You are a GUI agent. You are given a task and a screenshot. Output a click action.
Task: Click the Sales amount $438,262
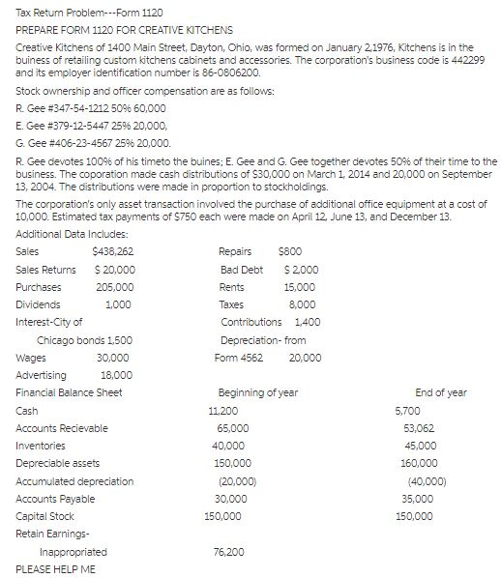113,251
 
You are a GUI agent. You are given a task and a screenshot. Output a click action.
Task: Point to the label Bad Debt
241,269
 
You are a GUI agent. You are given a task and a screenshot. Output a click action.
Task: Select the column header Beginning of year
258,392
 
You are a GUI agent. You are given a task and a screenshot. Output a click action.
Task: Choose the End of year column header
440,392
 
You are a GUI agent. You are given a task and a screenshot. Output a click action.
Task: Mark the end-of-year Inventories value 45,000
420,446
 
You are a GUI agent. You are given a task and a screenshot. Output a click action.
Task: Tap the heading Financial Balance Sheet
68,392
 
